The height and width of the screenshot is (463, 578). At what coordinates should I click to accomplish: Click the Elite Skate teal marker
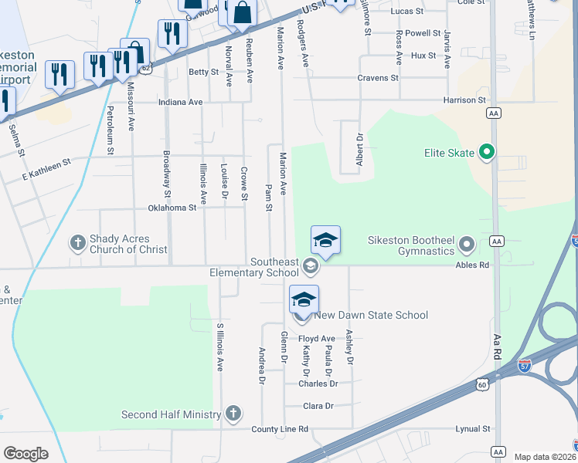(487, 152)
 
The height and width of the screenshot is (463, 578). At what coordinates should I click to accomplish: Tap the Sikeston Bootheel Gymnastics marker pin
(467, 245)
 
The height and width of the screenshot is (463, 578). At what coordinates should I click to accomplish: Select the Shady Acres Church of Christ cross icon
(77, 244)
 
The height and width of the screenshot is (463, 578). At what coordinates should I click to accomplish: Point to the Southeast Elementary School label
(253, 267)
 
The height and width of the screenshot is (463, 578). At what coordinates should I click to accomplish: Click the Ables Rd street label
(473, 265)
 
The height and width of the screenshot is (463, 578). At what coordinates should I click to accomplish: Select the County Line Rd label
(279, 429)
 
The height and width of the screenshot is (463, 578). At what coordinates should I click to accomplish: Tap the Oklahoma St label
(172, 208)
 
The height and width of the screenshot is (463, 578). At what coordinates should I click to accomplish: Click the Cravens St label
(378, 78)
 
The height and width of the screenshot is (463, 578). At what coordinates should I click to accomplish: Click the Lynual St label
(473, 429)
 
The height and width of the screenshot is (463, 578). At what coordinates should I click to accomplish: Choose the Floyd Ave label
(317, 338)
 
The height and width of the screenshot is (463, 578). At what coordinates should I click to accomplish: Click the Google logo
(25, 454)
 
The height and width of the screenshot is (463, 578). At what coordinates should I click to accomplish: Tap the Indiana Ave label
(180, 102)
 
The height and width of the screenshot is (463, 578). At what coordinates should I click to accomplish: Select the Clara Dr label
(318, 405)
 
